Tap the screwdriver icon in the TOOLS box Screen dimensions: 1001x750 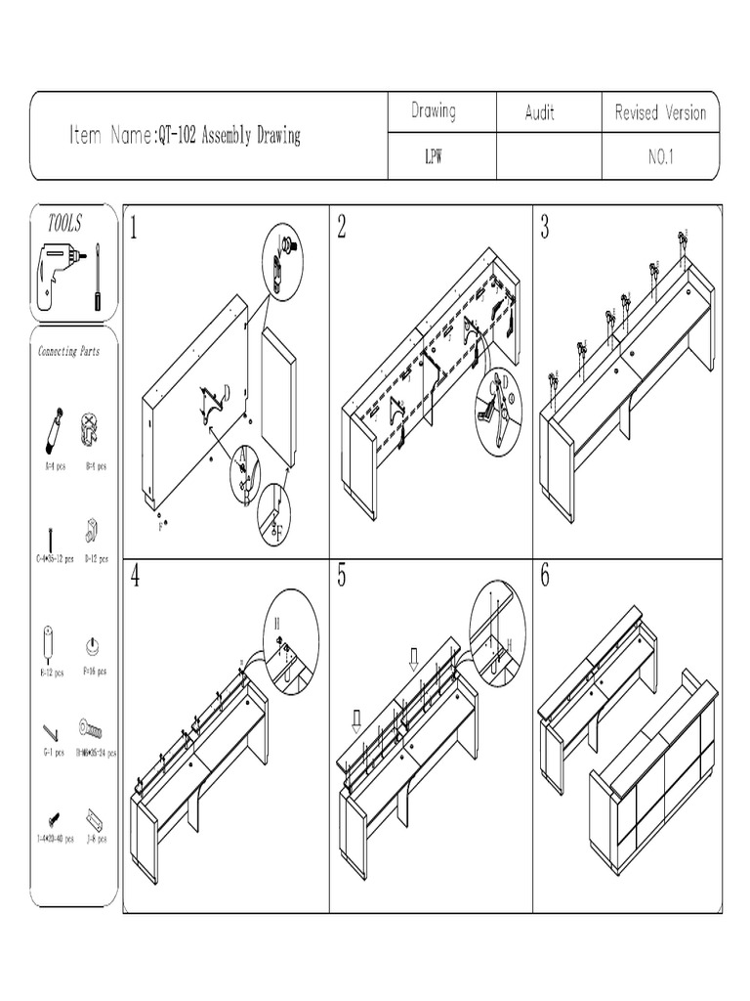[x=97, y=277]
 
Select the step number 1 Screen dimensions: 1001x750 [x=135, y=229]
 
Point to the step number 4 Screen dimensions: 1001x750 [x=135, y=577]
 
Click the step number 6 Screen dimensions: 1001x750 [x=545, y=577]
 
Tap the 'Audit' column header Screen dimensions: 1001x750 [x=539, y=113]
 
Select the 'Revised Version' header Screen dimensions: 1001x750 [x=660, y=113]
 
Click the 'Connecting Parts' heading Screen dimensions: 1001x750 [x=69, y=351]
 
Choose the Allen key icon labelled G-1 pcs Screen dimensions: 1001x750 [x=51, y=731]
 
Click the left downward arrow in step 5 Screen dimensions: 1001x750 [x=357, y=721]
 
